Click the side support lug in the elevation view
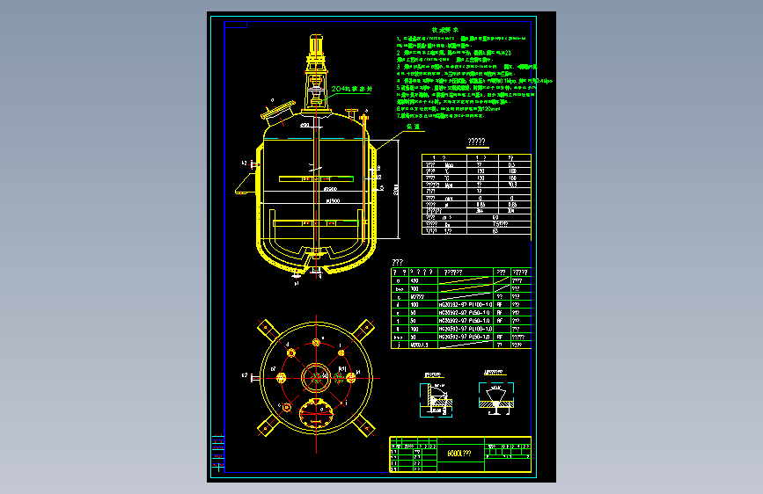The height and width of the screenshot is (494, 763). click(241, 188)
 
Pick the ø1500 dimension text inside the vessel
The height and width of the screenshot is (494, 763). click(333, 201)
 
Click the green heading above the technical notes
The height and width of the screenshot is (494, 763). click(440, 31)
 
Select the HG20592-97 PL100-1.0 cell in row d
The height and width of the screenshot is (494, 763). click(464, 304)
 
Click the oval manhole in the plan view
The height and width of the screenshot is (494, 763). click(314, 409)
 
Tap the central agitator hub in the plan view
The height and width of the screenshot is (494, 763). click(314, 377)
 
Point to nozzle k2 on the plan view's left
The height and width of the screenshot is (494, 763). click(256, 376)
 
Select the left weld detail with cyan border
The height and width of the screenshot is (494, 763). click(434, 393)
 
